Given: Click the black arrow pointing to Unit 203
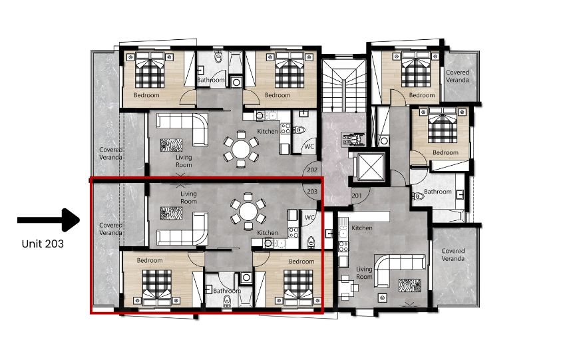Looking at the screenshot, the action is [49, 220].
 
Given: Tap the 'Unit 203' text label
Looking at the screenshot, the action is [43, 244].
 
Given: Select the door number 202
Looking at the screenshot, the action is [312, 170].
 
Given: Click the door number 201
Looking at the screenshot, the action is [357, 196].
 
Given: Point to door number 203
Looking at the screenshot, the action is [312, 191].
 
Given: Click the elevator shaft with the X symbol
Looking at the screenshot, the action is [371, 166].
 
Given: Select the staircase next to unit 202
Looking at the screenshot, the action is [343, 86].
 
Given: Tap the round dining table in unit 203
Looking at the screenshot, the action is [248, 212].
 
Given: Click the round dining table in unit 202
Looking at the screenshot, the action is [241, 149].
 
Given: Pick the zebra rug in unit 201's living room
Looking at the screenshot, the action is [410, 285].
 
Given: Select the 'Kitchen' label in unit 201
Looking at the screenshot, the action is [362, 228].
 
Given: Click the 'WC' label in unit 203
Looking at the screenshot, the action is [309, 218].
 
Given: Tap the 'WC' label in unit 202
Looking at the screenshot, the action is [309, 146].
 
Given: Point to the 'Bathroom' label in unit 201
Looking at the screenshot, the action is [438, 191].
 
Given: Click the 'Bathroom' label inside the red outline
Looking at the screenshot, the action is [227, 291].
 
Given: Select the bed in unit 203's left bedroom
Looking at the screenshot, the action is [157, 287].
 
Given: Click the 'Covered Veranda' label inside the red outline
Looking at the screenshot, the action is [110, 229].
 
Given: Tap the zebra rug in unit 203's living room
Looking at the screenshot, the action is [171, 214].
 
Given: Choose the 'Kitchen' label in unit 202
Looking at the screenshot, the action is [268, 131].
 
